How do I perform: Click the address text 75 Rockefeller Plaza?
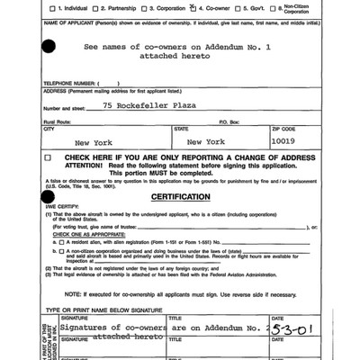coord(157,105)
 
